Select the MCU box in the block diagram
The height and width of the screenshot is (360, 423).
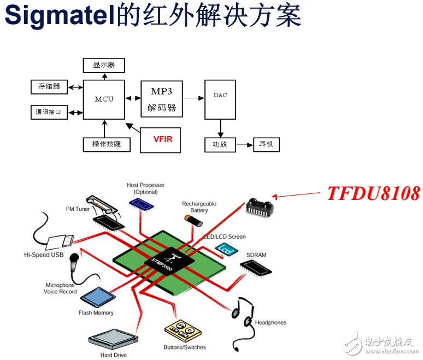tap(104, 99)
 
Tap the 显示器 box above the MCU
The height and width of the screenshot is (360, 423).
tap(104, 65)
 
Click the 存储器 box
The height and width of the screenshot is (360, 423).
tap(49, 86)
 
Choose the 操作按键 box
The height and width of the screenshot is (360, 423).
tap(106, 144)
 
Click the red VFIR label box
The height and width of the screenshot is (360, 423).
tap(163, 139)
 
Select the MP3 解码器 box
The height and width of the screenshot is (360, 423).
tap(162, 99)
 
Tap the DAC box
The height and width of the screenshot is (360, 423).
tap(220, 99)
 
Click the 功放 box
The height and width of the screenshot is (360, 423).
tap(220, 145)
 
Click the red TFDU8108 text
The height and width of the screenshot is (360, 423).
tap(373, 193)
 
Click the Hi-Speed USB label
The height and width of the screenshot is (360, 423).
tap(44, 255)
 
